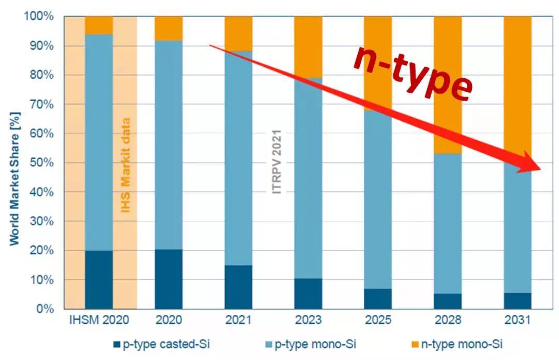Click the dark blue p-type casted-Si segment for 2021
coord(238,287)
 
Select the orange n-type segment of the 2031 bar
coord(517,78)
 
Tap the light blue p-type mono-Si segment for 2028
coord(447,223)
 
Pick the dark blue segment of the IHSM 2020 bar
coord(99,280)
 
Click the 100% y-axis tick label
coord(38,17)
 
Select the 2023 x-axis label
coord(308,321)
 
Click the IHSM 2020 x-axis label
coord(98,321)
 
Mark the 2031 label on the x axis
coord(517,321)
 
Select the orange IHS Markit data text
coord(125,166)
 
